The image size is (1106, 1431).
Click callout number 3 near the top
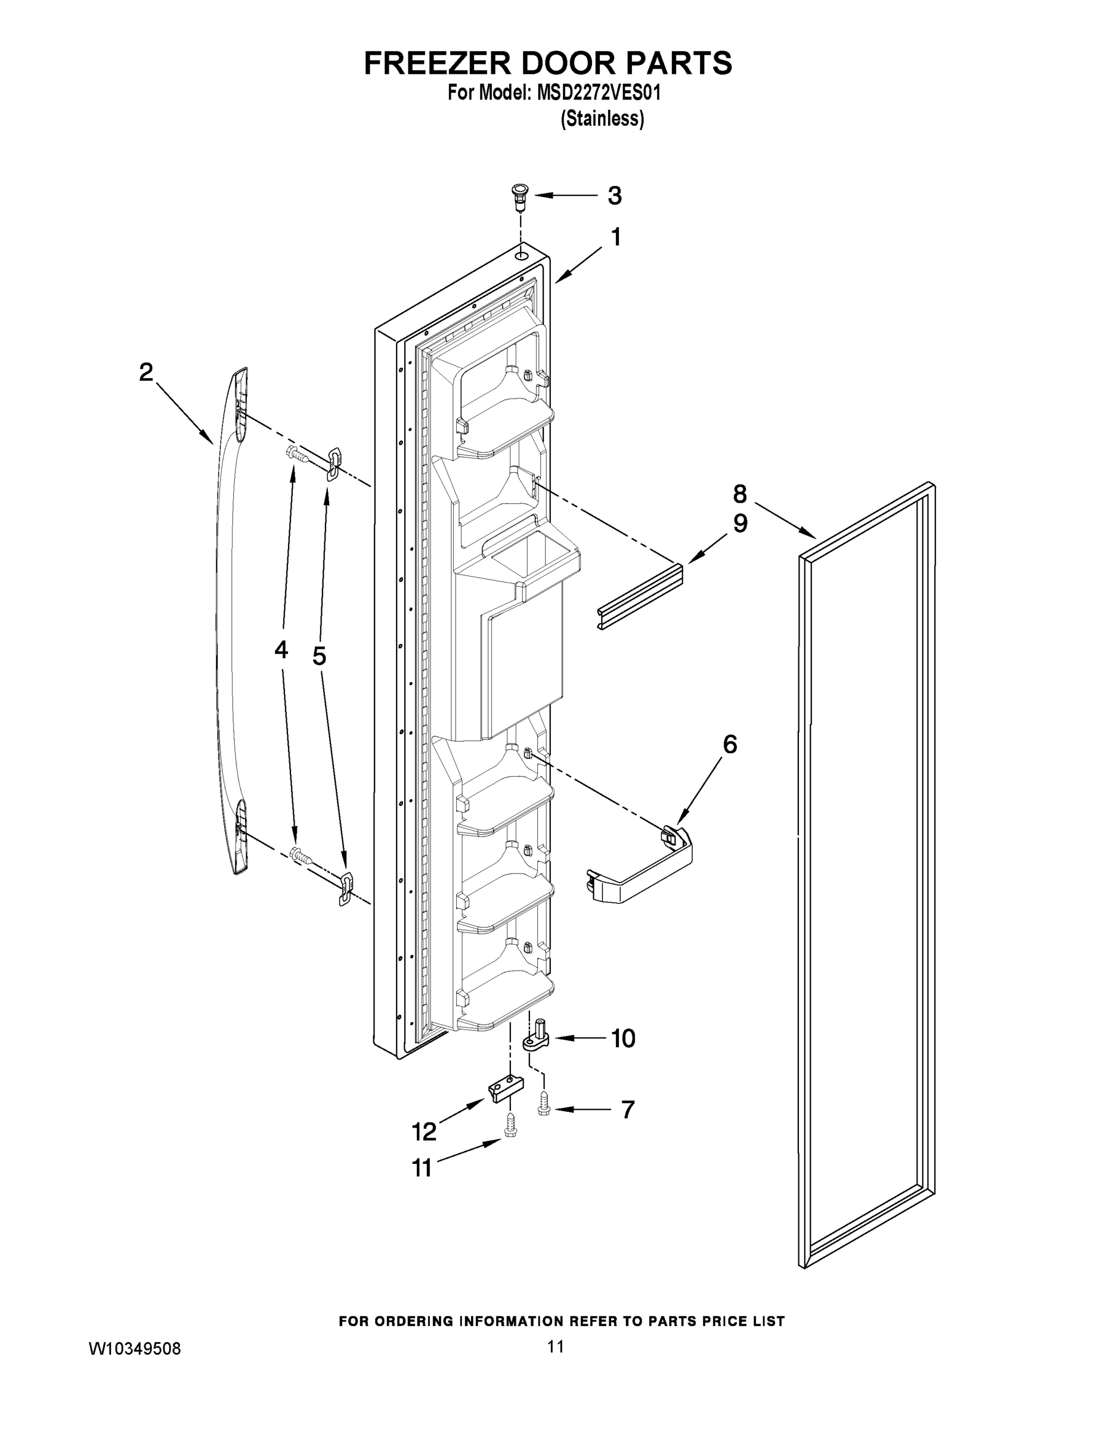click(614, 195)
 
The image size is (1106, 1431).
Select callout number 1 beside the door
click(615, 237)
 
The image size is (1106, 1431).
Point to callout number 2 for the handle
click(145, 372)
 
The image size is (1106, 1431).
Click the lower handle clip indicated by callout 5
click(345, 888)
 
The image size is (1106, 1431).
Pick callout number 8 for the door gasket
click(740, 493)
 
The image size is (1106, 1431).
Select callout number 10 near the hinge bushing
click(623, 1039)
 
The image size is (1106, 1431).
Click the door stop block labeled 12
click(506, 1088)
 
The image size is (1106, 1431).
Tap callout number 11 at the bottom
click(423, 1167)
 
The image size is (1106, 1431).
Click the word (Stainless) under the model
click(602, 119)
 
